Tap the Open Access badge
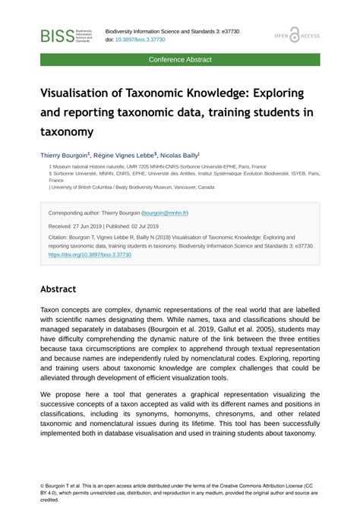(x=297, y=36)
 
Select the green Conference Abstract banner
(x=180, y=59)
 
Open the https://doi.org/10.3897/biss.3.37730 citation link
(x=90, y=255)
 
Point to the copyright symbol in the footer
(x=43, y=485)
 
